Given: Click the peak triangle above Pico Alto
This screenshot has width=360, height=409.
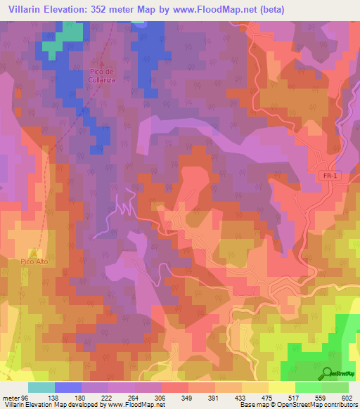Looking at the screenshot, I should point(33,252).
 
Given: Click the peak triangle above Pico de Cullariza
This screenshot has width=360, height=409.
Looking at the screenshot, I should point(101,62).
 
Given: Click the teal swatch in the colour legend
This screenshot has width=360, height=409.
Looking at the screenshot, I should point(41,387).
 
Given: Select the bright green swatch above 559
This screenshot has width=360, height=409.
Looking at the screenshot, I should point(309,387).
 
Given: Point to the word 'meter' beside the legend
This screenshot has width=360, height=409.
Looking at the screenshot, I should point(10,398).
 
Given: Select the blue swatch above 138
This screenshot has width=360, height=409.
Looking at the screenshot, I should point(68,387).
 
